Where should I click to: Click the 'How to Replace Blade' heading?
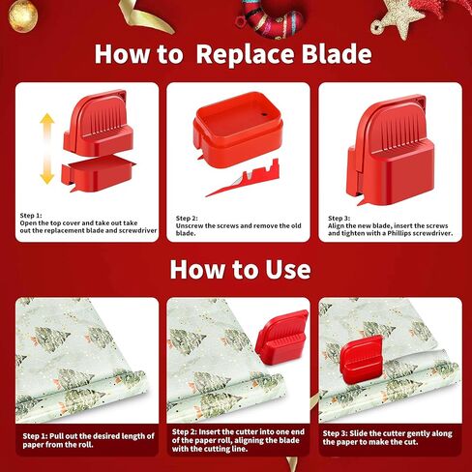click(232, 53)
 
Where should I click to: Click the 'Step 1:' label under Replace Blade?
click(32, 215)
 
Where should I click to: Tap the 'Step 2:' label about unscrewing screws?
click(187, 219)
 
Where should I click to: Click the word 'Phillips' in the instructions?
click(396, 234)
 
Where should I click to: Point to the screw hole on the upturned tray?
click(259, 114)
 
